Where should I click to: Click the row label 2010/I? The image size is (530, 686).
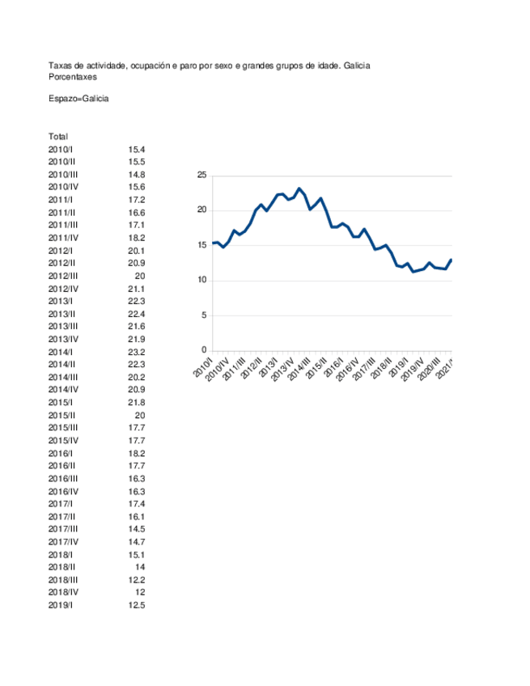point(61,150)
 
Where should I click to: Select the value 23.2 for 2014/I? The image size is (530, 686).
point(136,352)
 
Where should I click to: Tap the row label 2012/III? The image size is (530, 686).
point(63,276)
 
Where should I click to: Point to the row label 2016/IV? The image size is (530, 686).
point(63,491)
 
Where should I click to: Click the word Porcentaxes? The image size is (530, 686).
point(73,77)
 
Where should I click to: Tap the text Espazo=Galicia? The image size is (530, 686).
point(78,99)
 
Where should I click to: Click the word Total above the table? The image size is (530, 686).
point(58,137)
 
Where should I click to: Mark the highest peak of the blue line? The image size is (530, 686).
point(299,188)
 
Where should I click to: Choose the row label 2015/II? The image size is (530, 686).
point(62,415)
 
